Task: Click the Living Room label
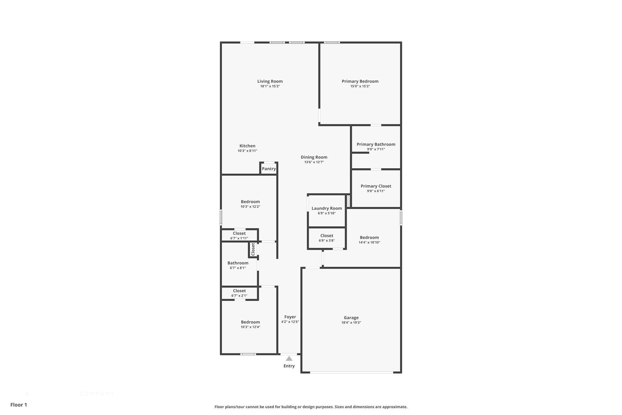click(270, 81)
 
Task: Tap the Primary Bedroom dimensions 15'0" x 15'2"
click(360, 86)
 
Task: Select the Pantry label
click(269, 169)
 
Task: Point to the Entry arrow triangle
click(289, 359)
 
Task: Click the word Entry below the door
click(289, 366)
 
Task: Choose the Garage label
click(351, 318)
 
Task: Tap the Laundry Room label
click(327, 208)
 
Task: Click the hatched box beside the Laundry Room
click(349, 201)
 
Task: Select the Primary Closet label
click(376, 186)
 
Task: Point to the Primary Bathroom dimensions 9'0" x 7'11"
click(376, 149)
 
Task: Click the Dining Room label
click(314, 157)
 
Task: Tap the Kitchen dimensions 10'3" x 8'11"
click(247, 151)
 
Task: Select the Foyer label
click(290, 317)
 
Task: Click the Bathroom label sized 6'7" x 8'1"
click(238, 263)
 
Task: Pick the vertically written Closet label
click(253, 249)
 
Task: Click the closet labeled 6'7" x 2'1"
click(239, 293)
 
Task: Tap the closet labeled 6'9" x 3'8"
click(327, 238)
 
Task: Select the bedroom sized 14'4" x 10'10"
click(369, 240)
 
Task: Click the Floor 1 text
click(18, 405)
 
